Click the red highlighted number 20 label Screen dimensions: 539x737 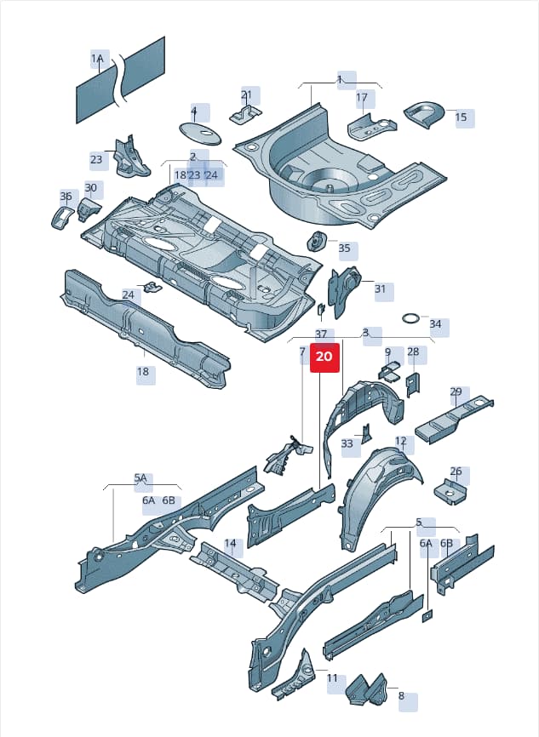point(324,357)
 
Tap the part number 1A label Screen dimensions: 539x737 point(98,59)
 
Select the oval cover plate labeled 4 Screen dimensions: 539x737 point(201,133)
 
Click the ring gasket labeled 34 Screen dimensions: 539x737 point(412,318)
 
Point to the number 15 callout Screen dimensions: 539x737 point(462,117)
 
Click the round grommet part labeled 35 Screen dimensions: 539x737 point(317,242)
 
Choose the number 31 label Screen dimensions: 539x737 point(381,289)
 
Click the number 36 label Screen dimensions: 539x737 point(66,196)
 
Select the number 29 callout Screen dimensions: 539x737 point(456,392)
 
